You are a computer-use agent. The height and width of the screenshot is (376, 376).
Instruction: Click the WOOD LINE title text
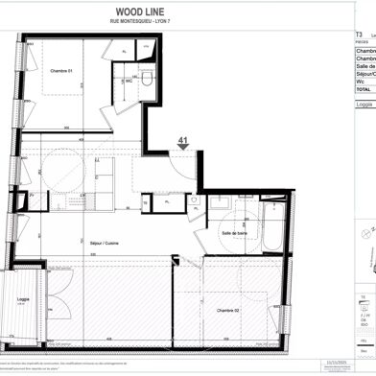[x=143, y=12]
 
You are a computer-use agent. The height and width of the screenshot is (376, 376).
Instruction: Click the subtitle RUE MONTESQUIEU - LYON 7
[x=143, y=24]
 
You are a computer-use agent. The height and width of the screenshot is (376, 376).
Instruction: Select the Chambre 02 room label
[x=228, y=310]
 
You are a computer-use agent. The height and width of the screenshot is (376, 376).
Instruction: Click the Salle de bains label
[x=235, y=233]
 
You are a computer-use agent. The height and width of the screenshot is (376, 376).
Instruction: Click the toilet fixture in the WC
[x=146, y=81]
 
